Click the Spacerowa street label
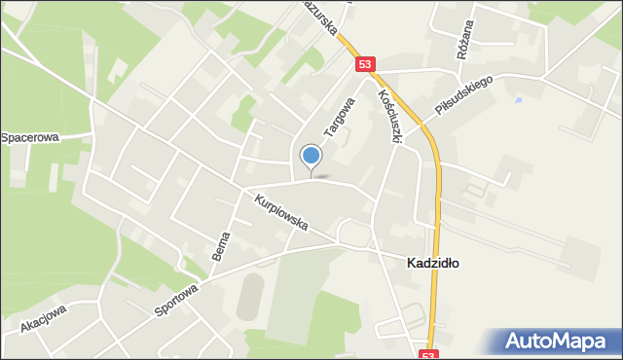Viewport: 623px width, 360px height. pos(30,137)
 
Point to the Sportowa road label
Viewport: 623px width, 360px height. pos(176,297)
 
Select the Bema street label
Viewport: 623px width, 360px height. pos(221,246)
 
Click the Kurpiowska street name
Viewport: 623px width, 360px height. pos(281,213)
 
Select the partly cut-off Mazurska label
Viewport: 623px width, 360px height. pos(320,18)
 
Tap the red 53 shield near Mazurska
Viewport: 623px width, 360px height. pos(364,64)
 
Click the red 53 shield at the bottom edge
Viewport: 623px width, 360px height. pos(430,354)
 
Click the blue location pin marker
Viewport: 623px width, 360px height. pos(311,156)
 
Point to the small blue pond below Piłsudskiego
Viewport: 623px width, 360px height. pos(517,100)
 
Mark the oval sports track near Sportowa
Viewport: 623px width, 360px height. pos(250,295)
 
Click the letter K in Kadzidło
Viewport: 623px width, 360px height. pos(409,263)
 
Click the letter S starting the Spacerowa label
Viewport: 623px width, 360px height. pos(5,137)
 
